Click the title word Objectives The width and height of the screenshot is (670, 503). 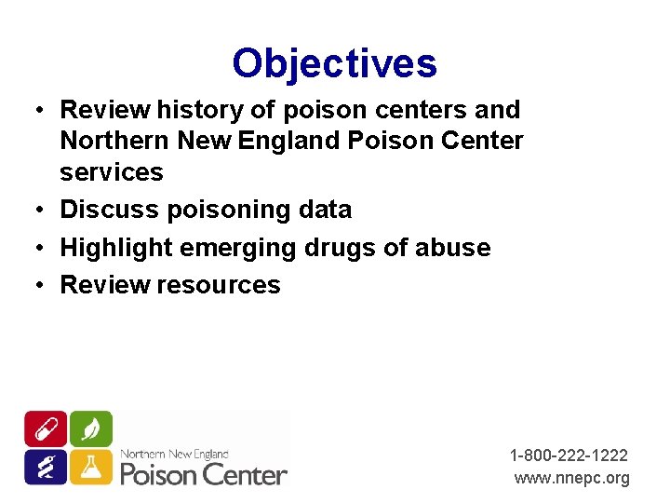pyautogui.click(x=334, y=63)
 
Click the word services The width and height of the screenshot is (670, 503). pyautogui.click(x=111, y=172)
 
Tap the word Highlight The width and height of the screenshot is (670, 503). pyautogui.click(x=117, y=248)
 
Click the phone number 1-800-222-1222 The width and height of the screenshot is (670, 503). pyautogui.click(x=569, y=455)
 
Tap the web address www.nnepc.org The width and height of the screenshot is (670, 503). pyautogui.click(x=572, y=478)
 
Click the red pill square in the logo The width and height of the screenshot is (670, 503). pyautogui.click(x=46, y=428)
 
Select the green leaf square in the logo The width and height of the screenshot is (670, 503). pyautogui.click(x=91, y=428)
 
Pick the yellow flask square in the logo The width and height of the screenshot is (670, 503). pyautogui.click(x=91, y=467)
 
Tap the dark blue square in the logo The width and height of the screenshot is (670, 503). pyautogui.click(x=46, y=467)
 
